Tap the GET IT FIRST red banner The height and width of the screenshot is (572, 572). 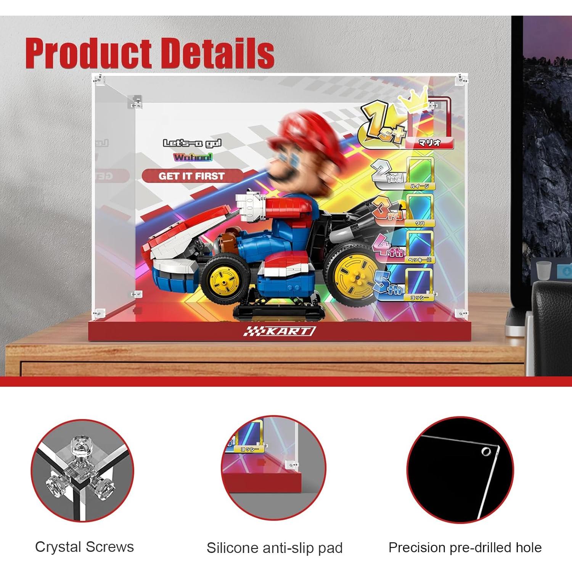point(191,176)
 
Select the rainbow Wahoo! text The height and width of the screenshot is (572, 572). point(193,157)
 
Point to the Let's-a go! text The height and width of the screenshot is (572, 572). point(192,143)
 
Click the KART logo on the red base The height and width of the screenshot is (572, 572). point(280,331)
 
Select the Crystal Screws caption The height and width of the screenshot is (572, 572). point(84,547)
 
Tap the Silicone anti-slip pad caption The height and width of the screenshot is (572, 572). point(275,548)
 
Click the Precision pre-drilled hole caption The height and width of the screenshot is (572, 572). point(465,548)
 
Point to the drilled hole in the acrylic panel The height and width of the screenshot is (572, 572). point(486,452)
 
